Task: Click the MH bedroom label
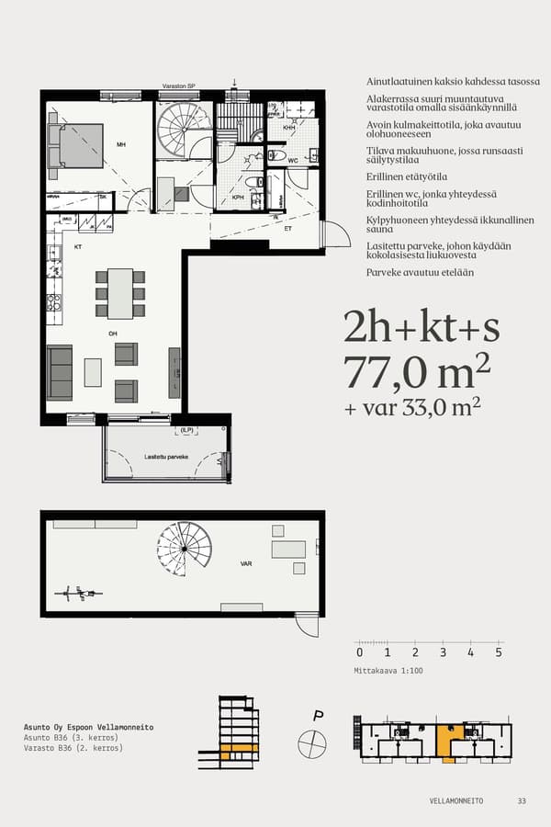coord(120,145)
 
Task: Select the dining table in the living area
coord(120,292)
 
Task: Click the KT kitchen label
coord(78,247)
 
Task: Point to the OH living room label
coord(113,334)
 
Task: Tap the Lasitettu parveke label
coord(166,457)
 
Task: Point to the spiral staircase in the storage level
coord(184,548)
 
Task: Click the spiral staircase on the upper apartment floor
coord(183,128)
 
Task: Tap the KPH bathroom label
coord(238,197)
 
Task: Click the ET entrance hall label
coord(287,228)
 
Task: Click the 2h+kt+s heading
coord(421,326)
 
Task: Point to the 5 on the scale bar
coord(499,652)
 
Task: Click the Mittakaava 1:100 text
coord(389,671)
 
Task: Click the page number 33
coord(522,800)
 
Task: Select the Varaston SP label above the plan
coord(178,85)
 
